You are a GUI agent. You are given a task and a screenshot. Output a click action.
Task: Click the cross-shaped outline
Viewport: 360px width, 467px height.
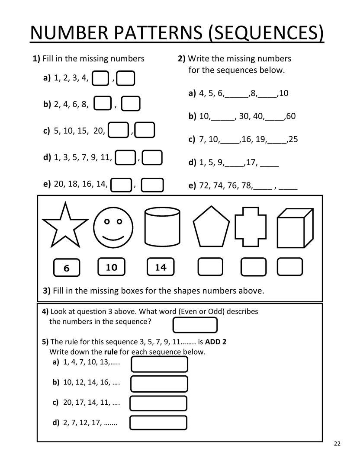(251, 228)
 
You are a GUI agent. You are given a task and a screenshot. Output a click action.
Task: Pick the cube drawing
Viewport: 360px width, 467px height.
(294, 227)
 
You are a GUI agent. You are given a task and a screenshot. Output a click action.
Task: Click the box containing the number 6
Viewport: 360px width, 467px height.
(66, 268)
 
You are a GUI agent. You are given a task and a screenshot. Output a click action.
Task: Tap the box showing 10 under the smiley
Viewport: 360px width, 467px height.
(111, 267)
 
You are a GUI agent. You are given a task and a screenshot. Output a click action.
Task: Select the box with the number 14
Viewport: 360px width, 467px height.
(161, 267)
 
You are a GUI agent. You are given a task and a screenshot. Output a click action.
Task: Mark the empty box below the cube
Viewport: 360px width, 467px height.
(290, 267)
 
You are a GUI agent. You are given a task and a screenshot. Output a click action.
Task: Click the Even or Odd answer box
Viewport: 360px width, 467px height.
(195, 325)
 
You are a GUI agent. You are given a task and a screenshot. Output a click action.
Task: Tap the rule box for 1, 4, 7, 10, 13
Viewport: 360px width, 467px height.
(159, 364)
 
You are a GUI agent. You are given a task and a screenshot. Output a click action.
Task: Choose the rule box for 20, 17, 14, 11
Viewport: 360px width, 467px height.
(158, 403)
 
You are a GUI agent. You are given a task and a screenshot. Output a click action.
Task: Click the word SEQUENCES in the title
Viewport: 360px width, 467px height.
(266, 33)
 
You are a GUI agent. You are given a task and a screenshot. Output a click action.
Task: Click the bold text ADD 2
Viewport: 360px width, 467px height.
(216, 342)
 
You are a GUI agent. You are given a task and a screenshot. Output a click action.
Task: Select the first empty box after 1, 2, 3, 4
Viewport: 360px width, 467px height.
(101, 78)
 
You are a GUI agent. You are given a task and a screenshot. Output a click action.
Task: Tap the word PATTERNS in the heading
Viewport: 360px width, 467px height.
(154, 33)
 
